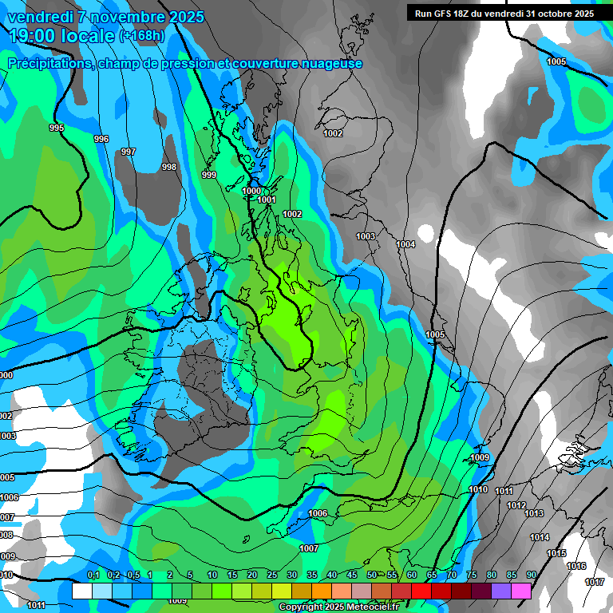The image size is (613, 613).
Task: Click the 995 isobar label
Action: [x=56, y=128]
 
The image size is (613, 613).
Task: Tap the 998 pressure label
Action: [x=168, y=167]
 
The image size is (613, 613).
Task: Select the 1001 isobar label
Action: [x=267, y=200]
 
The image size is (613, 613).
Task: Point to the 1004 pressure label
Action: [x=405, y=244]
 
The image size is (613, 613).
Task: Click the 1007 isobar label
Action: [x=309, y=548]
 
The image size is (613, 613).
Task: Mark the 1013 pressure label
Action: [x=534, y=513]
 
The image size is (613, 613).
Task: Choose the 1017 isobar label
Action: [x=595, y=582]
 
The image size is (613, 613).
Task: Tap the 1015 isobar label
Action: [x=556, y=553]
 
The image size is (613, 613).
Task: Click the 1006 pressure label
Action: [x=318, y=513]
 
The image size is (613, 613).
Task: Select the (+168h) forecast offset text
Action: [x=142, y=36]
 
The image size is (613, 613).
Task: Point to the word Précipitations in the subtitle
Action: [x=49, y=64]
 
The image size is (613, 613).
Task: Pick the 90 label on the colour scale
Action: [x=531, y=575]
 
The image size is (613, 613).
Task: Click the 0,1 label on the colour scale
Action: [x=93, y=575]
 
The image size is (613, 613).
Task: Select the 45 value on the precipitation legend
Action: [x=352, y=575]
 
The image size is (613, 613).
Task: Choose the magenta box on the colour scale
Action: [x=521, y=591]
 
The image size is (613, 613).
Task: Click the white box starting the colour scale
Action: [x=81, y=591]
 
